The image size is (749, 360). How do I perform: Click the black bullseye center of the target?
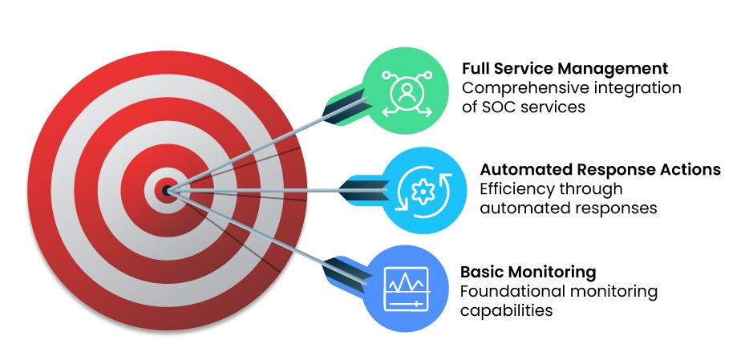166,191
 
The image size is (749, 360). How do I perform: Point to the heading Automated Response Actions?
600,170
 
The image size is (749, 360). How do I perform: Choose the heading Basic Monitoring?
528,271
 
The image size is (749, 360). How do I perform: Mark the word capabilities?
506,309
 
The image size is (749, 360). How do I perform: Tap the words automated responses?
569,208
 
